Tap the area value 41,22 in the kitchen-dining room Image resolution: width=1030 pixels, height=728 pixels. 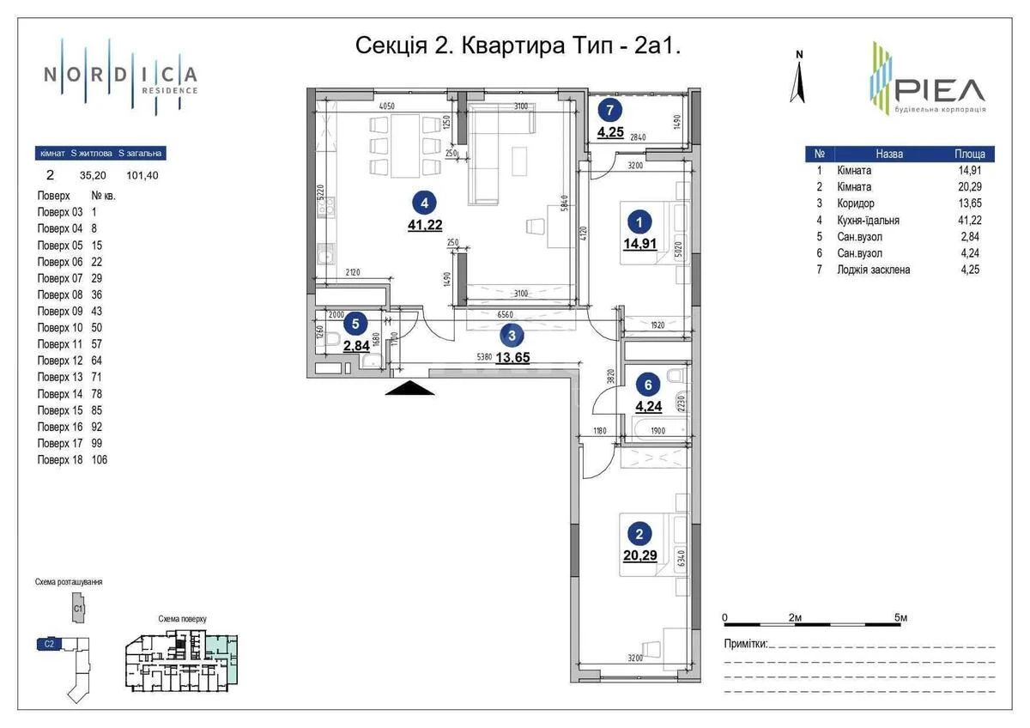pos(424,226)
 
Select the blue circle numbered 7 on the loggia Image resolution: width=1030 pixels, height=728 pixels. pos(610,109)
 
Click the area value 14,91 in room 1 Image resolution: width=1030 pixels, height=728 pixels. pos(639,243)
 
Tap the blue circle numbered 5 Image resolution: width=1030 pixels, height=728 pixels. pos(355,324)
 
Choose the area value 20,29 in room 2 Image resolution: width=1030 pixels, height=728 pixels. pos(639,555)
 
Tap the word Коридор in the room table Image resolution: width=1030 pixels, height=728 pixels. pos(855,203)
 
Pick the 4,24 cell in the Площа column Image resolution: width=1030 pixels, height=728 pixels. pos(968,252)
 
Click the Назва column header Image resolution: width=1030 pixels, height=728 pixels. pos(889,155)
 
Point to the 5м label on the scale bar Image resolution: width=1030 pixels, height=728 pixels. pos(900,617)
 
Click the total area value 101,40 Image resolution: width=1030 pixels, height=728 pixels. pos(142,175)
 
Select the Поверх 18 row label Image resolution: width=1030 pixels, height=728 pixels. pos(60,459)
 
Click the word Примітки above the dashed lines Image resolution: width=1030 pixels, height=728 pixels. pos(745,644)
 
